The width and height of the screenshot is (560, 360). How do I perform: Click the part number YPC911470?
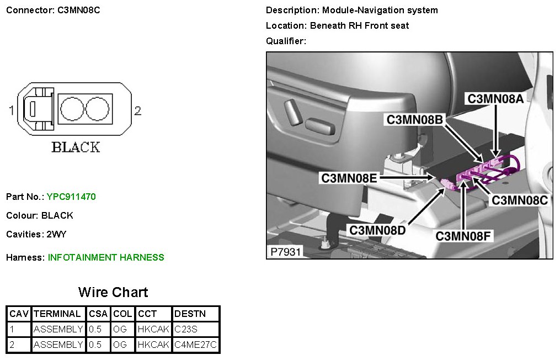pyautogui.click(x=72, y=197)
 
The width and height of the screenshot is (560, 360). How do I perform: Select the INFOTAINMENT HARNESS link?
pyautogui.click(x=106, y=257)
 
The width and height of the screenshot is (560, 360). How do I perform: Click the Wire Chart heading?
pyautogui.click(x=113, y=292)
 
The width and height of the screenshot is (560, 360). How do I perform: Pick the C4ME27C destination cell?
pyautogui.click(x=195, y=345)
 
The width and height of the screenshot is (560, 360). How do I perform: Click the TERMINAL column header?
pyautogui.click(x=57, y=314)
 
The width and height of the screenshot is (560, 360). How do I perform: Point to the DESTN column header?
pyautogui.click(x=190, y=314)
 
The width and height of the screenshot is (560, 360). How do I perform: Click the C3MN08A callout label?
pyautogui.click(x=495, y=99)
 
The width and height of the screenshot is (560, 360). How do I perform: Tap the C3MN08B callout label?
pyautogui.click(x=414, y=119)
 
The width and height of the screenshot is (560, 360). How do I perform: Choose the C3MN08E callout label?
pyautogui.click(x=350, y=178)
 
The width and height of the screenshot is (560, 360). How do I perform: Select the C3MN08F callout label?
pyautogui.click(x=463, y=236)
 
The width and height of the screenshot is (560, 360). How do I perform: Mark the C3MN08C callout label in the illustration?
pyautogui.click(x=520, y=200)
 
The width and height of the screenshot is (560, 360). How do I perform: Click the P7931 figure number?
pyautogui.click(x=285, y=252)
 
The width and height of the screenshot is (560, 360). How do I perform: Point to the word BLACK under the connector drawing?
pyautogui.click(x=76, y=147)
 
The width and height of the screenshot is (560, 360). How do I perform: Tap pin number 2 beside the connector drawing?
pyautogui.click(x=138, y=111)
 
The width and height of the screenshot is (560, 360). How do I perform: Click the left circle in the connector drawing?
pyautogui.click(x=71, y=109)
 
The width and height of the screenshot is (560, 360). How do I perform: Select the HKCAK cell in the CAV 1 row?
pyautogui.click(x=153, y=330)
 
